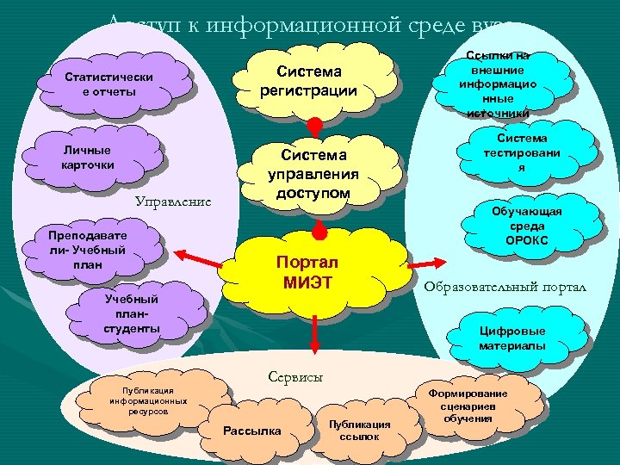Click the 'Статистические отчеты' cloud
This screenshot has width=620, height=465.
tap(108, 84)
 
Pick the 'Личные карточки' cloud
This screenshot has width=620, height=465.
tap(88, 157)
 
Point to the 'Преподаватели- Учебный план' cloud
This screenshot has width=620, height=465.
tap(88, 250)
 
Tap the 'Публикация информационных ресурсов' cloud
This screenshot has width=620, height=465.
tap(148, 400)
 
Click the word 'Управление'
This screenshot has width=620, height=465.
tap(173, 202)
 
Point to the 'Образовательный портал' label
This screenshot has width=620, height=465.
tap(505, 287)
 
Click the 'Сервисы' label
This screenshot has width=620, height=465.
tap(295, 376)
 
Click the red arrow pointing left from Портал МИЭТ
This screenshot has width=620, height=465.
tap(195, 255)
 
